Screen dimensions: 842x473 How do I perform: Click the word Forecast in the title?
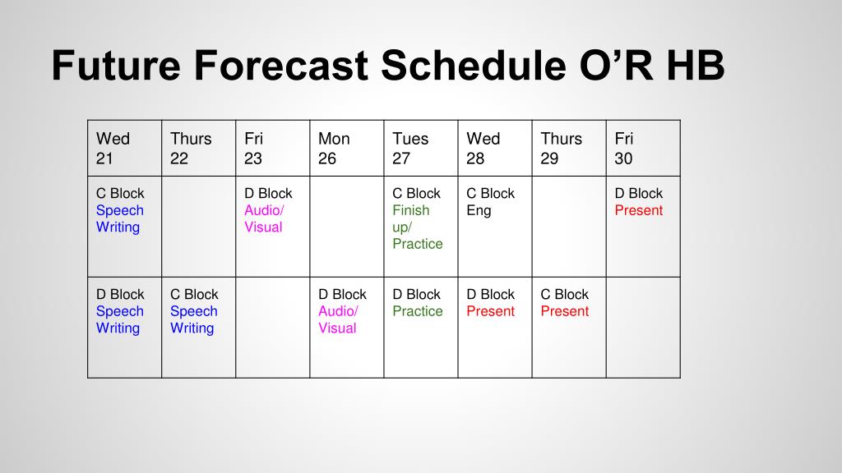tap(281, 66)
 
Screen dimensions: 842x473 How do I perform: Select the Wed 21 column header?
tap(125, 148)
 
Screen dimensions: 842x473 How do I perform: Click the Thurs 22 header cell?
tap(199, 148)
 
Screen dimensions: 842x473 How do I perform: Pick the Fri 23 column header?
tap(273, 148)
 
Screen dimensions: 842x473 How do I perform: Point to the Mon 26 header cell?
tap(347, 148)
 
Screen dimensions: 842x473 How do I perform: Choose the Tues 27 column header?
tap(421, 148)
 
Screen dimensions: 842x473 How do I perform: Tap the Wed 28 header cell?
tap(495, 148)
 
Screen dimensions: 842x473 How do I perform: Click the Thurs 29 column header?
tap(569, 148)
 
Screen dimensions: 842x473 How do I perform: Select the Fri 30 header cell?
tap(643, 148)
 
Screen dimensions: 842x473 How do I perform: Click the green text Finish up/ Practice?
tap(417, 227)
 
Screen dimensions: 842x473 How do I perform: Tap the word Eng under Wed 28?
tap(479, 211)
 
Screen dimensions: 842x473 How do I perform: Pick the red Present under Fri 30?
tap(638, 210)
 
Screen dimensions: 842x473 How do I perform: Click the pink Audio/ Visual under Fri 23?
tap(264, 218)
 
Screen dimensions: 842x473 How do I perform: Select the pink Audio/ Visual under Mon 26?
tap(338, 319)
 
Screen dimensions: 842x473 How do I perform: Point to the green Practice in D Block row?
tap(417, 311)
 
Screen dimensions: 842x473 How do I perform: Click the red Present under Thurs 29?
tap(564, 311)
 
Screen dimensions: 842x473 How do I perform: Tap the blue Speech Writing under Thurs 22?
tap(194, 319)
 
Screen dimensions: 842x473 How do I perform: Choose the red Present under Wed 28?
tap(490, 311)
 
